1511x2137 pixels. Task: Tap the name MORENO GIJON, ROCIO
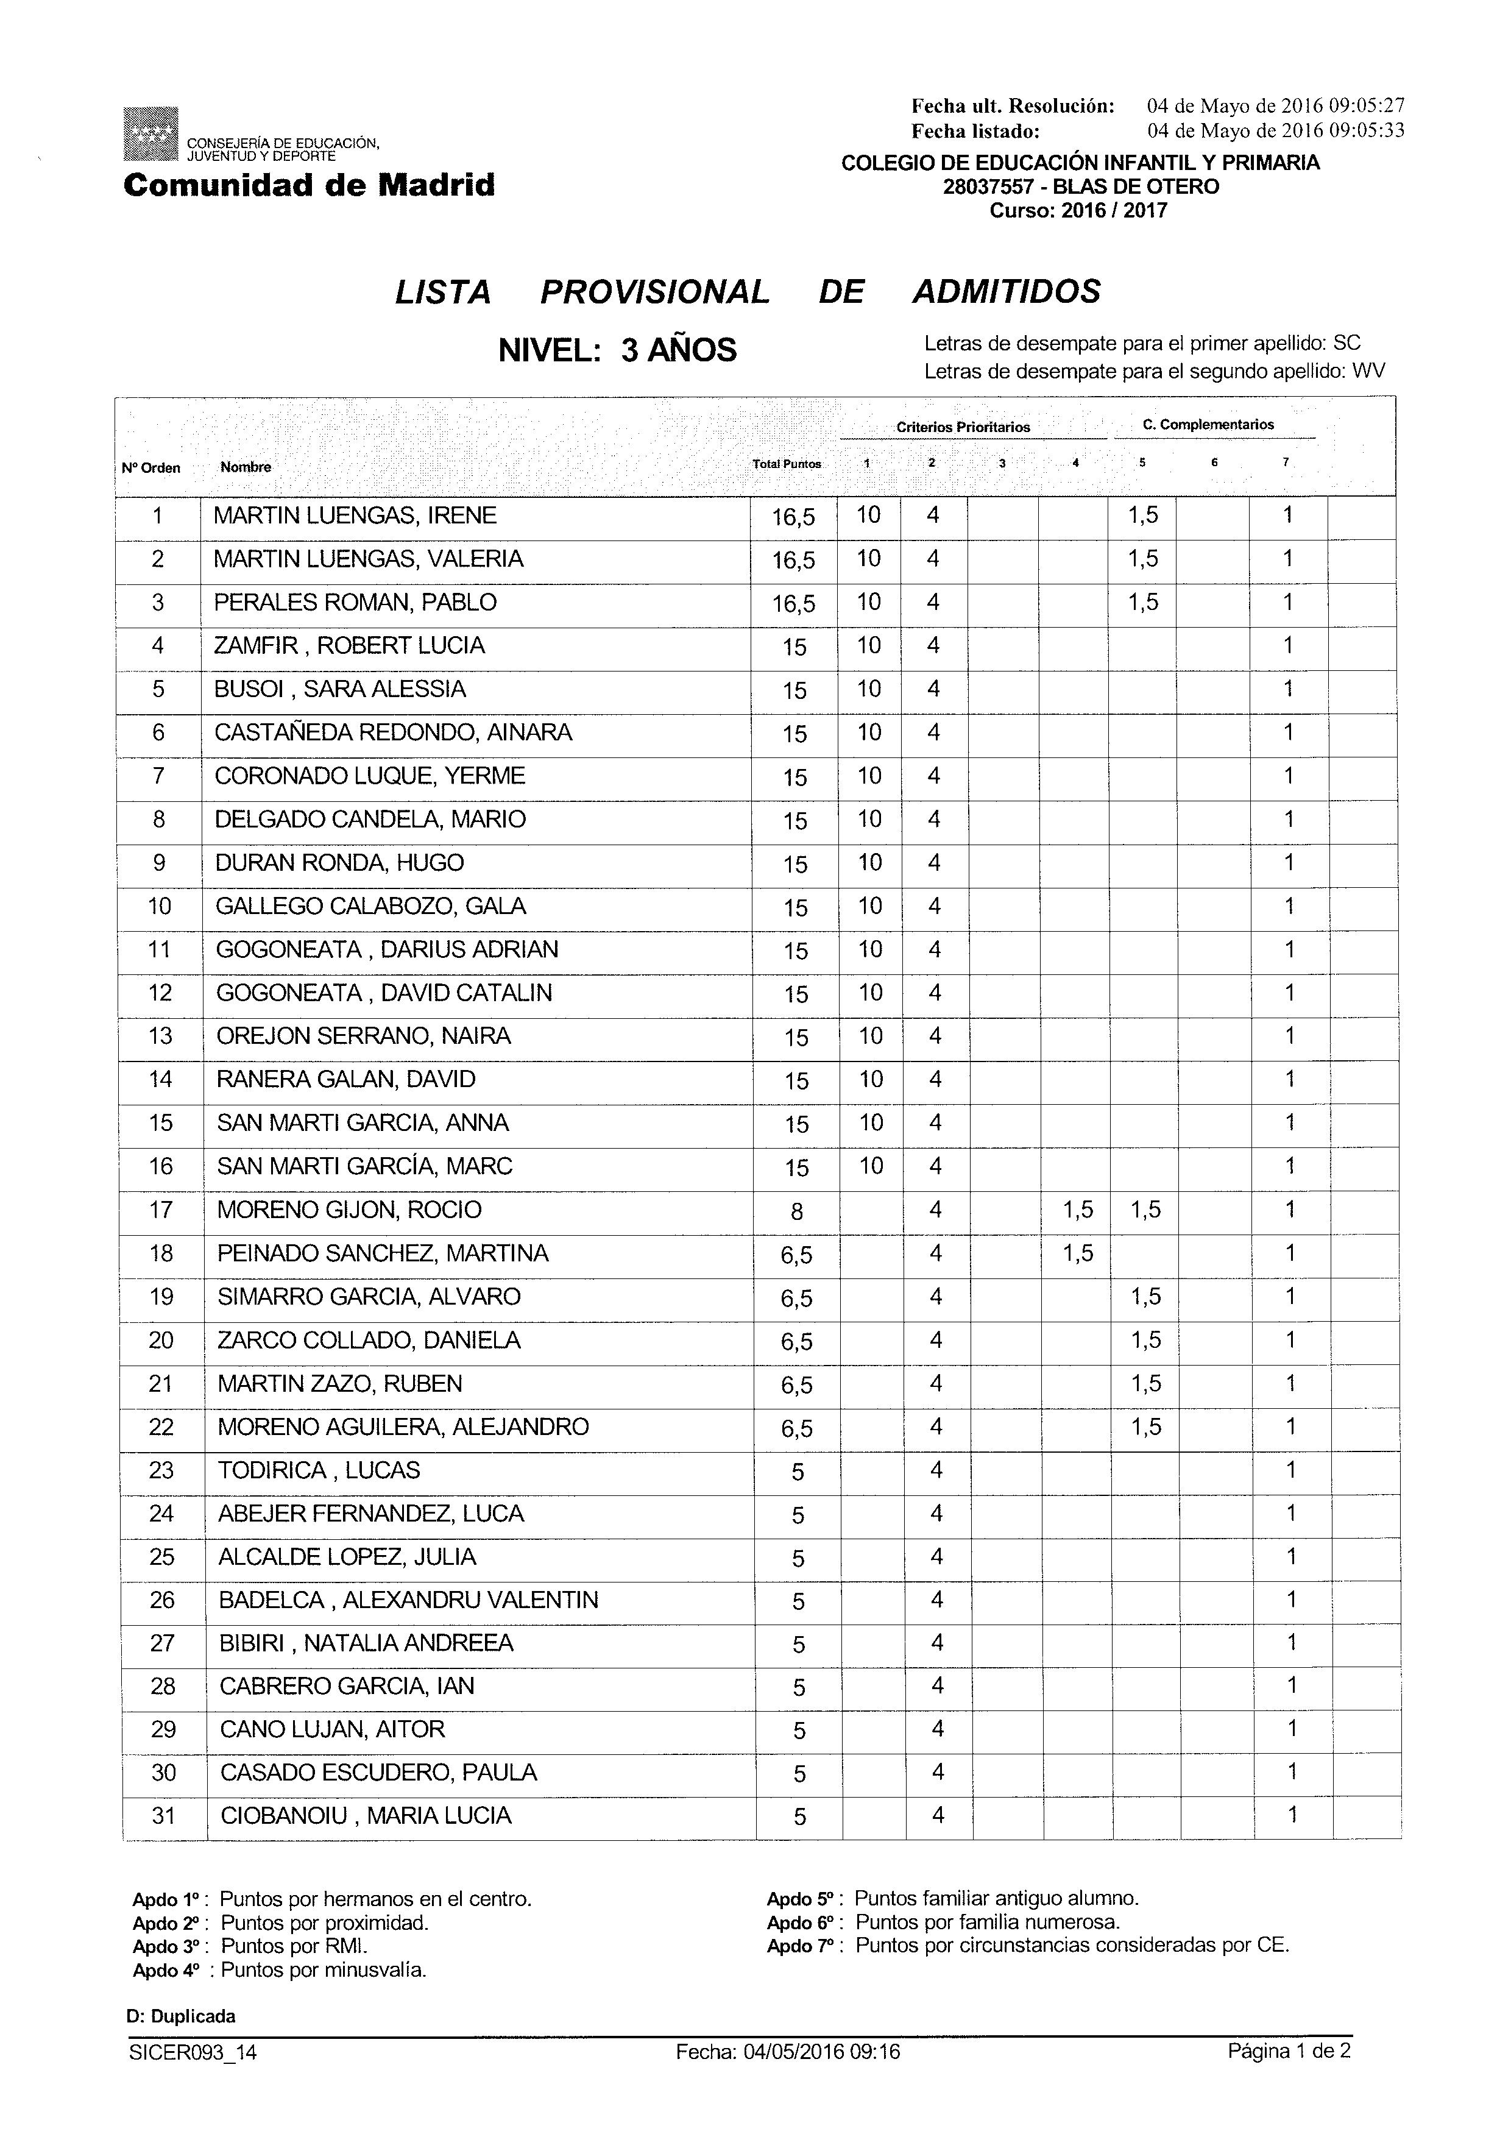349,1210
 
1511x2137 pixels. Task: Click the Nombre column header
246,467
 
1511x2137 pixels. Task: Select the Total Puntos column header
787,464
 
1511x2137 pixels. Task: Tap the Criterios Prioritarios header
963,427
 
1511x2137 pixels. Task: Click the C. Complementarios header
1208,425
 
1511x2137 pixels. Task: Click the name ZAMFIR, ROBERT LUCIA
349,646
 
